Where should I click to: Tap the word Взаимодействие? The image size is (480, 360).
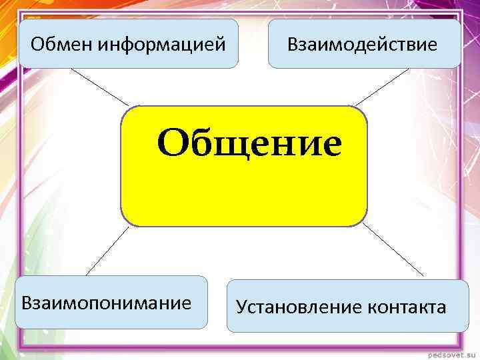coord(363,45)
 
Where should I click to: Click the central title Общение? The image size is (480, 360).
coord(249,143)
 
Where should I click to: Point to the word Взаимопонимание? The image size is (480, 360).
coord(107,303)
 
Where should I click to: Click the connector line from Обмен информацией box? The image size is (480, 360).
coord(100,87)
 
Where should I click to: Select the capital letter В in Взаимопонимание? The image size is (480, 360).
coord(27,303)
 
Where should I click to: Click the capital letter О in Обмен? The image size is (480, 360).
coord(37,45)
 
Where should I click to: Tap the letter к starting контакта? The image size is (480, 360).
coord(370,308)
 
